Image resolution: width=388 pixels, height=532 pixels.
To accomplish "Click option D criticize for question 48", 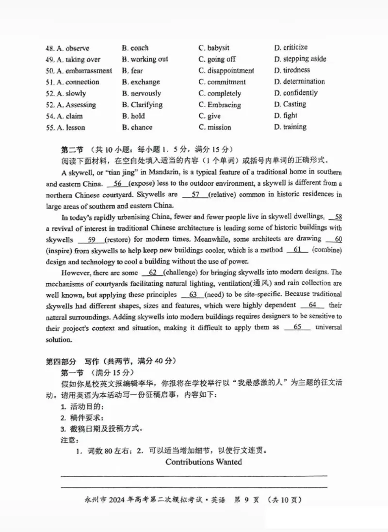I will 291,48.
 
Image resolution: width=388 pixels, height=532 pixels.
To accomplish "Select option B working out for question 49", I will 145,59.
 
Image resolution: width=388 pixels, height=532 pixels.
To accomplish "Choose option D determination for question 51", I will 299,81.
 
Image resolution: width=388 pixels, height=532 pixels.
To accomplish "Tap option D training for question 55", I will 290,127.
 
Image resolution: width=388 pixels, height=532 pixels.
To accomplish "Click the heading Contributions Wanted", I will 203,462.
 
